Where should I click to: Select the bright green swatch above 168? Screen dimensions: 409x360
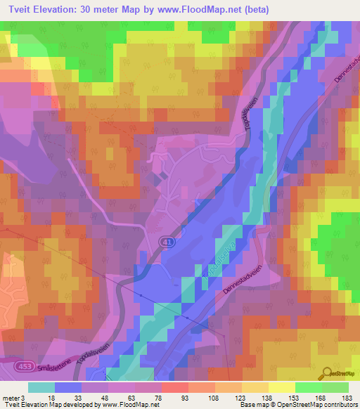tap(309, 387)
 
